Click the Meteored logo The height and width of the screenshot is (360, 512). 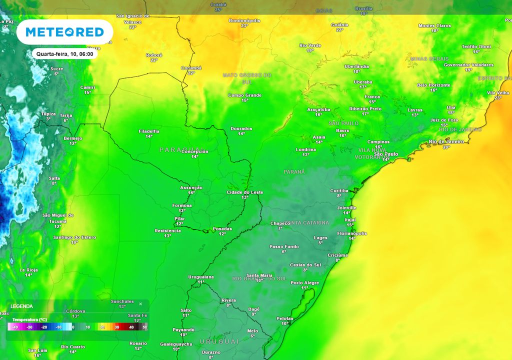(64, 32)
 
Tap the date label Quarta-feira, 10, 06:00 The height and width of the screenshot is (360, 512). (65, 53)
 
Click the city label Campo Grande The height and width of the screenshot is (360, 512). (245, 95)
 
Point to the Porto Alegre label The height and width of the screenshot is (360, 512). (304, 283)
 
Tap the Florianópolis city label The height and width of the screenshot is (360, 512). (352, 233)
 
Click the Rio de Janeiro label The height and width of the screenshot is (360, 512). (446, 141)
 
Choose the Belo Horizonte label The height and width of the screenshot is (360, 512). (433, 85)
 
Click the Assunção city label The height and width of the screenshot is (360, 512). (191, 187)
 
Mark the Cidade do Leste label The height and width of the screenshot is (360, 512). (244, 192)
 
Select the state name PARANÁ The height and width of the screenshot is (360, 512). (294, 171)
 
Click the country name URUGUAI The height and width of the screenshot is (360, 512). (219, 341)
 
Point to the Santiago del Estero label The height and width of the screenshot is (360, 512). (74, 237)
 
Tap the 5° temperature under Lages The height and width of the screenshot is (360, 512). (320, 243)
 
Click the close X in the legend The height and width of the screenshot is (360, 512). (140, 303)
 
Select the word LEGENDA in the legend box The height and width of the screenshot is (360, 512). (21, 306)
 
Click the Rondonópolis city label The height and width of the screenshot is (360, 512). (244, 20)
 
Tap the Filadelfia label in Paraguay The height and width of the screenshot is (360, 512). (149, 131)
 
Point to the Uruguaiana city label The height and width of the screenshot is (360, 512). (201, 276)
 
